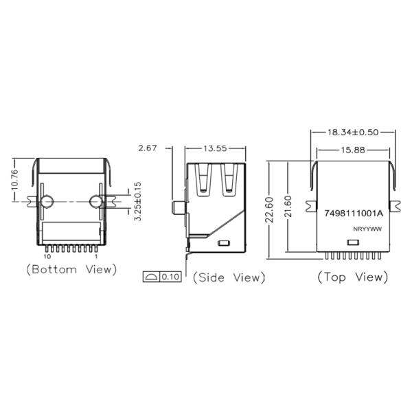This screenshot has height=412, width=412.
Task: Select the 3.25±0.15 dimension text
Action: pos(137,201)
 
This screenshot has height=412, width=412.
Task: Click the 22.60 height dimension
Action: pos(270,209)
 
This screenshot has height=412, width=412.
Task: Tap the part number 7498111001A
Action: pos(353,214)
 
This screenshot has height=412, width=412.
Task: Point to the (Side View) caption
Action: pos(229,277)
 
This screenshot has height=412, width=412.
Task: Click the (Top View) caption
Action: pos(352,277)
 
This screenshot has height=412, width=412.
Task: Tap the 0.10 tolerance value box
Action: pos(170,277)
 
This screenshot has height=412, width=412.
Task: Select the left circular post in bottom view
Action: pos(47,201)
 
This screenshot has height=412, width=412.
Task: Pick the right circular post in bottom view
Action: pos(96,201)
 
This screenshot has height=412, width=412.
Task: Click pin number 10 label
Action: pos(47,256)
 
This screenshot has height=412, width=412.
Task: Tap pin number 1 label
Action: pos(95,256)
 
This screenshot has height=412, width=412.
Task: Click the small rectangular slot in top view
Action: pos(353,242)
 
